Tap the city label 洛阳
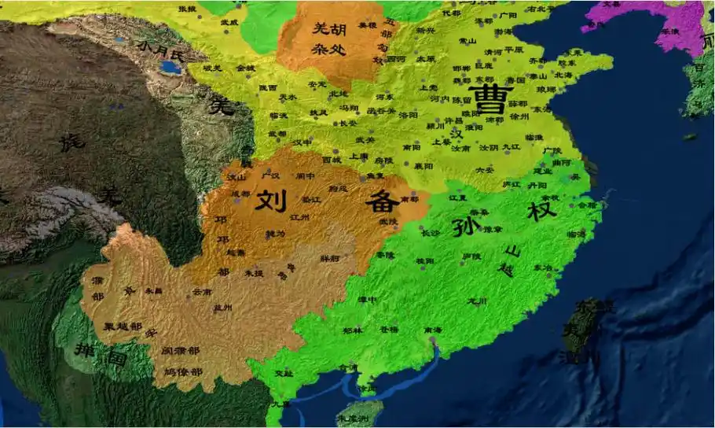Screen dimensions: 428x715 coord(409,115)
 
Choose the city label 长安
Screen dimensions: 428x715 coord(346,123)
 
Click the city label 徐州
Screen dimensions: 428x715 coord(520,116)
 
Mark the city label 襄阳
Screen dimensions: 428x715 coord(424,166)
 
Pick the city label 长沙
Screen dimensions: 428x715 coord(431,233)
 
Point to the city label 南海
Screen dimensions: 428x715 coord(432,330)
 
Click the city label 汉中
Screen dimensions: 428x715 coord(302,142)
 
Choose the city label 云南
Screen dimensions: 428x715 coord(202,291)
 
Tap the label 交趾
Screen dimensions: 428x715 coord(284,373)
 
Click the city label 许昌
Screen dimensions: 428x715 coord(453,120)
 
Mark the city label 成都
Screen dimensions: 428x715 coord(240,194)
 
